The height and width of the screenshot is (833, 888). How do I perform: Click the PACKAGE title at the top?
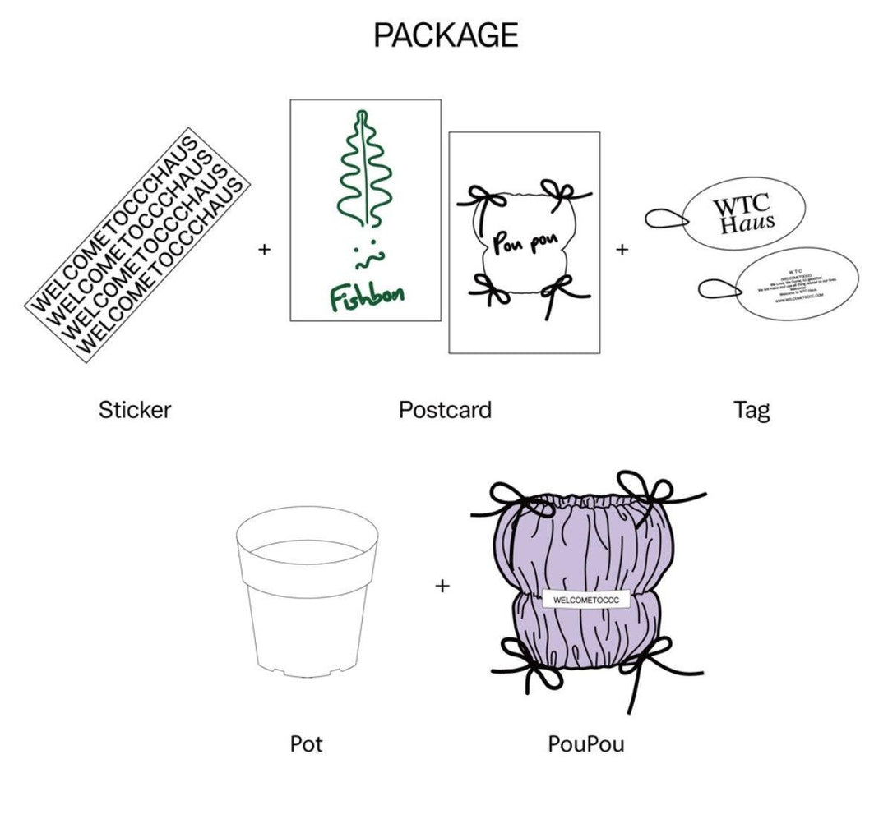point(446,35)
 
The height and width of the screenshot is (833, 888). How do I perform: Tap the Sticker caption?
point(135,409)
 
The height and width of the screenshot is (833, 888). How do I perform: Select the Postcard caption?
point(445,409)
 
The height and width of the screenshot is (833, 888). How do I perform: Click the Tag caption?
point(752,409)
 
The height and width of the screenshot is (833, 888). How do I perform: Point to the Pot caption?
point(306,744)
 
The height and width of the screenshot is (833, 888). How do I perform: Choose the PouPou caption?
point(585,744)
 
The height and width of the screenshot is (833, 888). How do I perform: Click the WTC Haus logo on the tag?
point(743,214)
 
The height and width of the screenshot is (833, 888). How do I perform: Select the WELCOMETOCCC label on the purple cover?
point(586,601)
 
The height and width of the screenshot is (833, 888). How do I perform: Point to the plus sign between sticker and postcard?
point(264,249)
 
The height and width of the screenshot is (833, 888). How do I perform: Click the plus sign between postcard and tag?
point(622,249)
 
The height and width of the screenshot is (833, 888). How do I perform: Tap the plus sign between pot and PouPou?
point(442,586)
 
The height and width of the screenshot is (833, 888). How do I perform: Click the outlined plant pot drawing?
point(306,591)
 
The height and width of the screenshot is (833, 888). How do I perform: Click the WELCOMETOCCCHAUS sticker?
point(138,244)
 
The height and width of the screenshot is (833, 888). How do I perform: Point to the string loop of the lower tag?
point(718,288)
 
